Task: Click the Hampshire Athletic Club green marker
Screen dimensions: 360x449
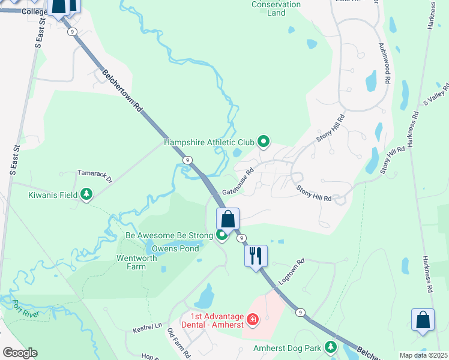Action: pyautogui.click(x=263, y=142)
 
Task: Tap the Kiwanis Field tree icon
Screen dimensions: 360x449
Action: pyautogui.click(x=87, y=194)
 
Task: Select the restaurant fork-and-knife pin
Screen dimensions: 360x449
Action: pyautogui.click(x=256, y=256)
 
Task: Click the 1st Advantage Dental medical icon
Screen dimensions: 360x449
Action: pyautogui.click(x=253, y=318)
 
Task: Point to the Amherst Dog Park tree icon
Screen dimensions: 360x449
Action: pyautogui.click(x=330, y=347)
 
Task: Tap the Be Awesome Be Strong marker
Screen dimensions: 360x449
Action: pyautogui.click(x=222, y=236)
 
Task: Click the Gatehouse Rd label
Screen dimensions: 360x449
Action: pyautogui.click(x=238, y=180)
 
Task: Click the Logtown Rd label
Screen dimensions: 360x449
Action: pyautogui.click(x=292, y=271)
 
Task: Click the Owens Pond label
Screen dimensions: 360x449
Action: pyautogui.click(x=175, y=248)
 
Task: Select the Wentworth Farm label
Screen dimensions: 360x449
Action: pyautogui.click(x=131, y=262)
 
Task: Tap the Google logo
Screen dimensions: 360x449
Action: pyautogui.click(x=19, y=353)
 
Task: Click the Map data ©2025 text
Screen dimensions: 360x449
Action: pyautogui.click(x=424, y=355)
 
